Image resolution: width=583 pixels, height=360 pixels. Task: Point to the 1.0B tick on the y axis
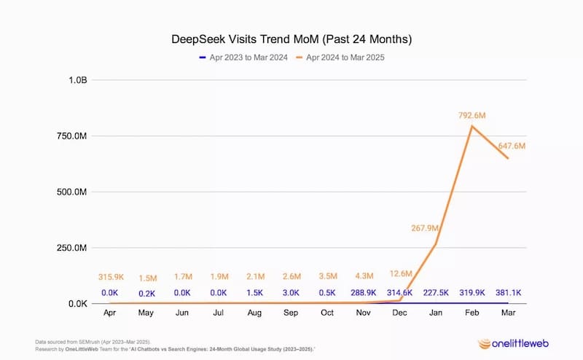(76, 80)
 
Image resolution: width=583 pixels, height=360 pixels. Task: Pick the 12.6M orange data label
(400, 274)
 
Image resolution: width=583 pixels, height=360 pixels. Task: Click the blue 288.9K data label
(364, 292)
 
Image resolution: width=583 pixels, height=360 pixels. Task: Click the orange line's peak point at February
(472, 126)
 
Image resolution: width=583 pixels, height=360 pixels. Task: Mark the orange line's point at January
(437, 243)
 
